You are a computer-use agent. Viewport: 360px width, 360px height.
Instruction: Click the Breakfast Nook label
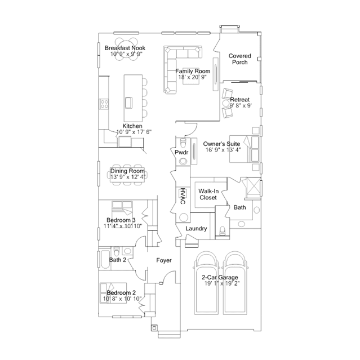125,48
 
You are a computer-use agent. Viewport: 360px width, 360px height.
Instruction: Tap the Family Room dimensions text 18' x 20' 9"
192,77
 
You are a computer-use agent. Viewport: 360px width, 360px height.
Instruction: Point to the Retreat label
239,99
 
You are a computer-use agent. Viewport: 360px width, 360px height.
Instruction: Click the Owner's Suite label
223,144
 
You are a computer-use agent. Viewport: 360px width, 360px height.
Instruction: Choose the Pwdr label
181,152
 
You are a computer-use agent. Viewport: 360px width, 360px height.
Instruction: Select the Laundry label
197,229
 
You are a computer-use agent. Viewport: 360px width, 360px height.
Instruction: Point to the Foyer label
164,260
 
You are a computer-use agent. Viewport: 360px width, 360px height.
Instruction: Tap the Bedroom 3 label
121,220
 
